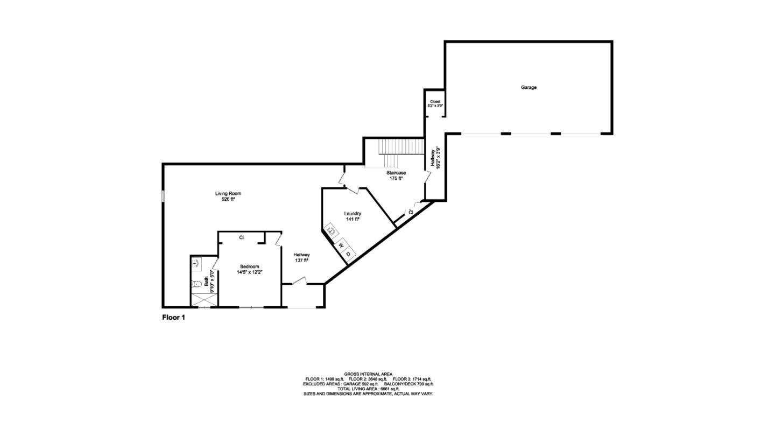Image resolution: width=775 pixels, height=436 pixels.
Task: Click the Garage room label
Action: tap(529, 87)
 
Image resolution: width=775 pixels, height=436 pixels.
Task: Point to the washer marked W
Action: tap(341, 245)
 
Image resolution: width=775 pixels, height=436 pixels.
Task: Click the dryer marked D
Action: tap(349, 254)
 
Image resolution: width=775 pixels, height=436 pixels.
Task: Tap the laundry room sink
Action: tap(332, 231)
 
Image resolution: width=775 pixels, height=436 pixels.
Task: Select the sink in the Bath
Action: tap(196, 263)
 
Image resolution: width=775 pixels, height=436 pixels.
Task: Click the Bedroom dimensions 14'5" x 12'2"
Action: tap(250, 272)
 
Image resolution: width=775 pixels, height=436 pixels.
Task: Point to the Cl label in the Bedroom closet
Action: tap(242, 237)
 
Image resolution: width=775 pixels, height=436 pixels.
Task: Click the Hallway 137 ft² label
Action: tap(301, 257)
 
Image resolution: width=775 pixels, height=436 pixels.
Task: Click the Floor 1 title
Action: tap(174, 318)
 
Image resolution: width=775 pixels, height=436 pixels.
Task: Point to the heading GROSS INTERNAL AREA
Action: tap(368, 374)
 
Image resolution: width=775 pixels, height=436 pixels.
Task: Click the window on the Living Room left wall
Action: tap(163, 196)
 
